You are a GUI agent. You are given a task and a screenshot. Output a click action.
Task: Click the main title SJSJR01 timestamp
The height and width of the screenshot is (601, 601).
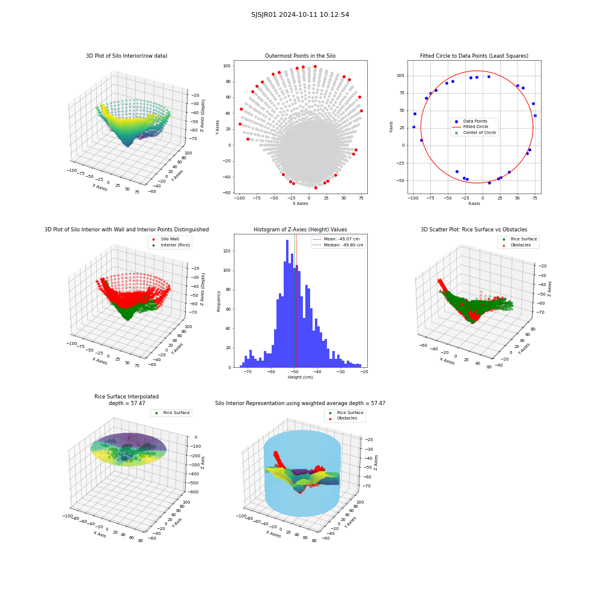point(300,14)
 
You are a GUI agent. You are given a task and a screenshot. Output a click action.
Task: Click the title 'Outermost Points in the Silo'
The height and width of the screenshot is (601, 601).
point(300,56)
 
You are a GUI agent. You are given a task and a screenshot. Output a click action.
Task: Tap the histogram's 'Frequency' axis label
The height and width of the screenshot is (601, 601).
point(219,301)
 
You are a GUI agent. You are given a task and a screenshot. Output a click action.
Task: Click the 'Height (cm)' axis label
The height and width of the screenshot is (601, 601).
point(300,377)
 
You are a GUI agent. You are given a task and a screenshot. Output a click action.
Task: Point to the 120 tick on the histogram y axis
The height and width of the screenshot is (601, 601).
point(227,251)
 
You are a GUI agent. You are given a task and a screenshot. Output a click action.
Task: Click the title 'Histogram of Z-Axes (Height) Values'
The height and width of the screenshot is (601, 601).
point(300,230)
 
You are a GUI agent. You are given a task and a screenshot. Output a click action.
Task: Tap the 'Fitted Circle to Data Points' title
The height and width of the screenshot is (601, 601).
point(474,56)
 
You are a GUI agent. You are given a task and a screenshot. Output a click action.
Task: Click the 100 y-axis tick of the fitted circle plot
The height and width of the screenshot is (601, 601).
point(400,76)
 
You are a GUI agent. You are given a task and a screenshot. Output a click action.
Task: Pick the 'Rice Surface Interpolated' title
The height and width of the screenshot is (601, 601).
point(126,397)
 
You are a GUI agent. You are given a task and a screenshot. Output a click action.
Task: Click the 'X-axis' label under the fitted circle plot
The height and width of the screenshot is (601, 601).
point(474,204)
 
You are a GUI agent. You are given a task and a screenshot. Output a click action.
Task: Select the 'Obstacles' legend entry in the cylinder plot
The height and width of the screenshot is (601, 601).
point(347,418)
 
